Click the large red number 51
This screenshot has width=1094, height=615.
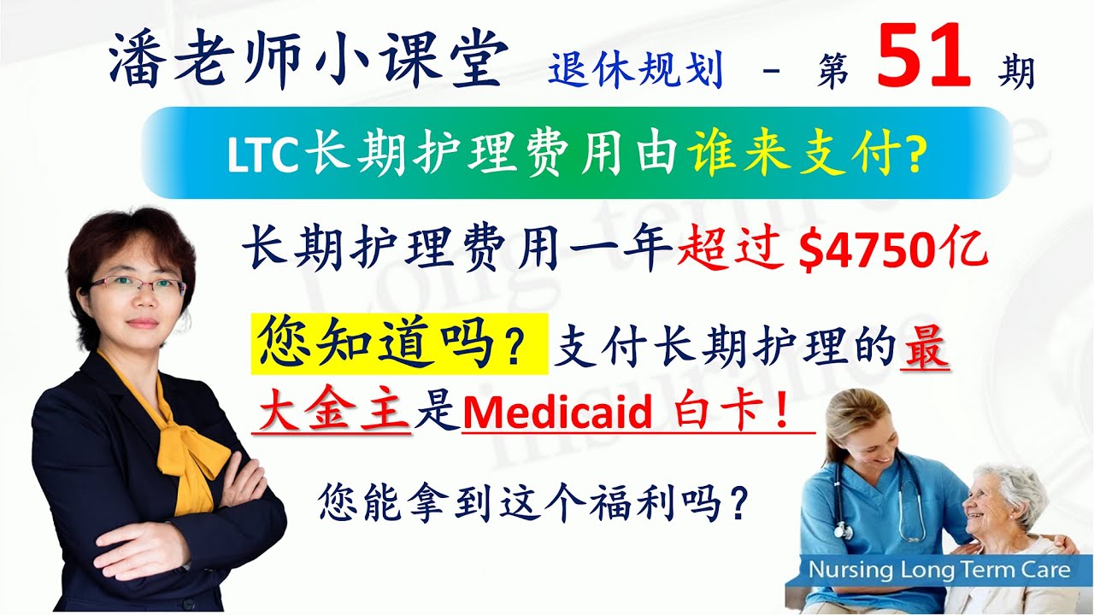click(923, 56)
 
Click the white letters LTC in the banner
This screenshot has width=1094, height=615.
click(262, 155)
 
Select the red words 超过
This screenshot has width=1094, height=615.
click(731, 251)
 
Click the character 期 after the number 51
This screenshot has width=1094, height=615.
click(1017, 73)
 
